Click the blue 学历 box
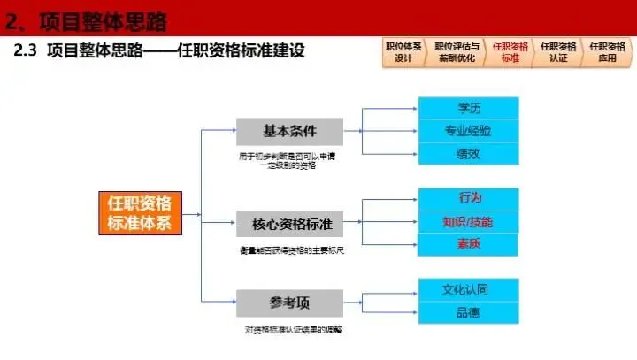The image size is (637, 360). pos(468,108)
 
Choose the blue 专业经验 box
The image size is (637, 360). pos(468,131)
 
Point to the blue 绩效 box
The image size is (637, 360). pos(468,153)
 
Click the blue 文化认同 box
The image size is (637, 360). pos(468,289)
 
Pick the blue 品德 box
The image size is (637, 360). pos(468,312)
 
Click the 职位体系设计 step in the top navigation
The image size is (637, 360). pos(403,52)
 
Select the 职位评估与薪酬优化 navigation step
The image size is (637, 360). pos(457,52)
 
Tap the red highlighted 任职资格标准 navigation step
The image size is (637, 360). pos(508,52)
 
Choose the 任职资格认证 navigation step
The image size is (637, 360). pos(557,52)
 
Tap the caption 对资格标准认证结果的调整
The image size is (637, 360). pos(293,329)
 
